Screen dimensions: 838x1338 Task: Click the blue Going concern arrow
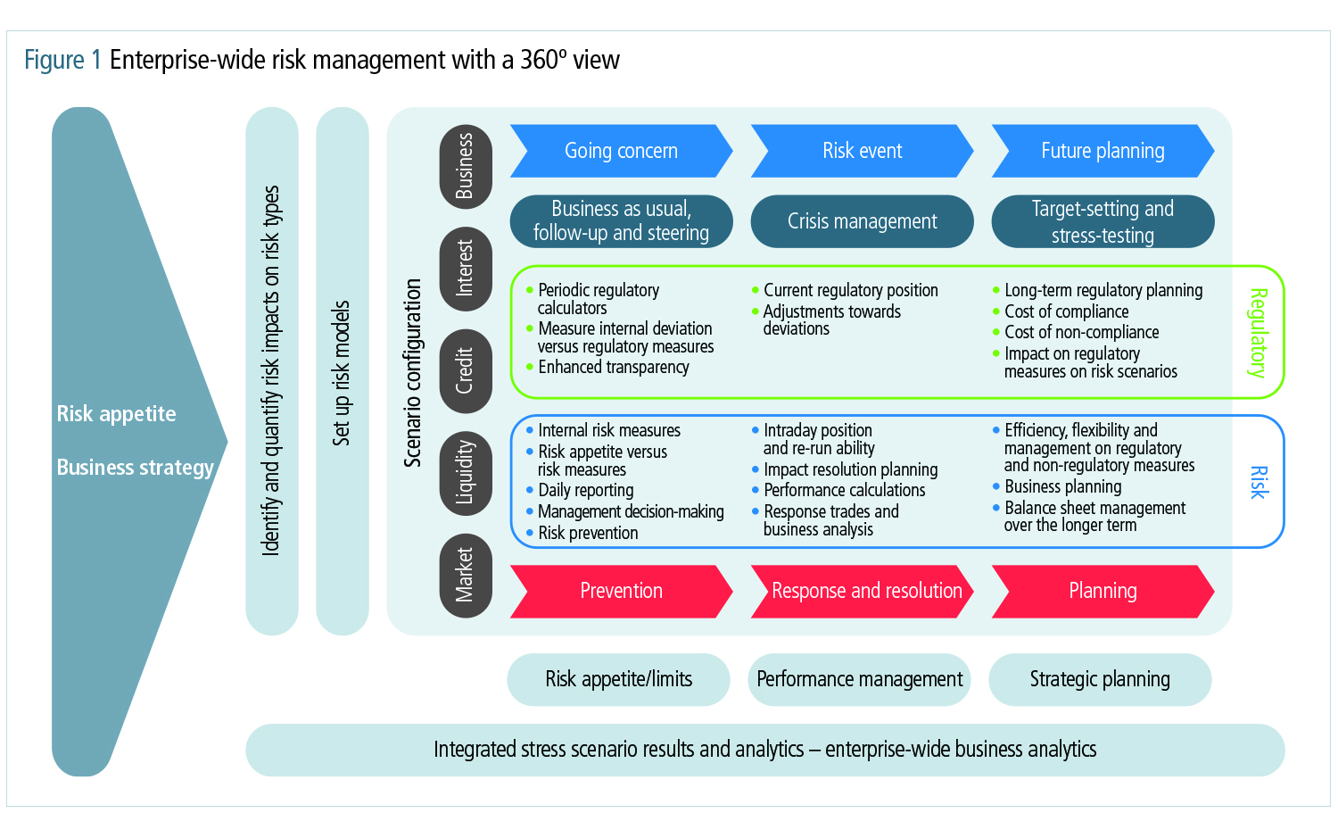621,151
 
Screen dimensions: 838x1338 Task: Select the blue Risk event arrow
862,151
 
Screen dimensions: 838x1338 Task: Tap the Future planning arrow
1103,151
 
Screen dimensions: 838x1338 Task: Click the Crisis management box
862,221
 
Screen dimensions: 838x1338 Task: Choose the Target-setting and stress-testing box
1103,221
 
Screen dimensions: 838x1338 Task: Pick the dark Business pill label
466,166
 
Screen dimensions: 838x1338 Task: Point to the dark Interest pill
466,268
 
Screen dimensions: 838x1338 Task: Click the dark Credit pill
466,370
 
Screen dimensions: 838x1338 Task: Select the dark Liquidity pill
466,472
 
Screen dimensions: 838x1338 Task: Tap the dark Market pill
466,575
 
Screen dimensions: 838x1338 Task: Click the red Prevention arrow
621,591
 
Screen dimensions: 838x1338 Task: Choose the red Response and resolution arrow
862,591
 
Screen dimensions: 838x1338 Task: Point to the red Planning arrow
1103,591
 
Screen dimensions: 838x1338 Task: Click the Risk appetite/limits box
618,679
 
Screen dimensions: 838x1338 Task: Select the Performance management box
859,679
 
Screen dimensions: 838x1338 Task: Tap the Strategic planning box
1100,679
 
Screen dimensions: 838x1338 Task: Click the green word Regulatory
1258,333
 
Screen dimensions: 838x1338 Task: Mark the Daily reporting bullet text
586,490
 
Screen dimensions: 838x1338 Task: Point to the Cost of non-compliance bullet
1081,332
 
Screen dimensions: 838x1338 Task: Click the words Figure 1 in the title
62,60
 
